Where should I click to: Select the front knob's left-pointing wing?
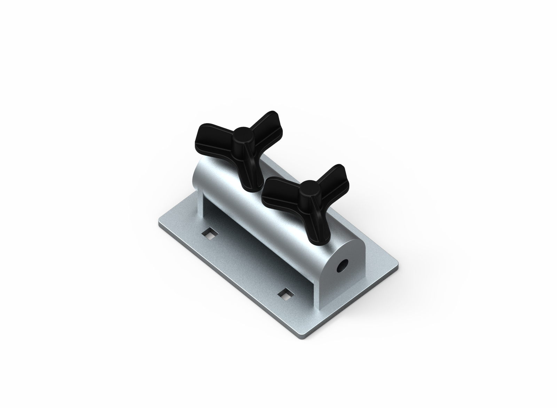pos(277,195)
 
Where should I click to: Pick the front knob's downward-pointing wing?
pos(315,223)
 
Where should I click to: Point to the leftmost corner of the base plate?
pos(159,225)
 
